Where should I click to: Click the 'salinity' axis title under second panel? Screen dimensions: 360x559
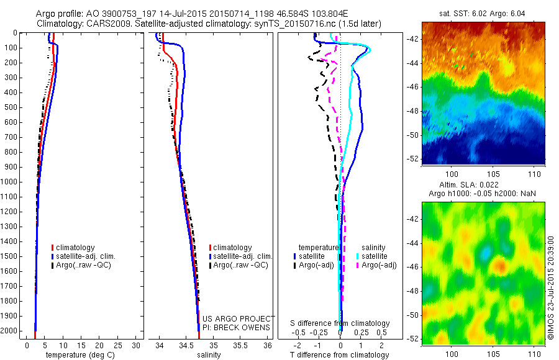[208, 355]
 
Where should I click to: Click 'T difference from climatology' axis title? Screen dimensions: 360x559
[340, 355]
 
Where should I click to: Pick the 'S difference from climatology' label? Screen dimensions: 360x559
[340, 323]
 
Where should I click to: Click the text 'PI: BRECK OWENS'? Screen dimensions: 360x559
[237, 327]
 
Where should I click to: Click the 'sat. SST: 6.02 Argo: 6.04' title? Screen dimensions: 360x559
[483, 12]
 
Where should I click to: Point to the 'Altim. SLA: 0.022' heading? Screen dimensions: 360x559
[483, 186]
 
